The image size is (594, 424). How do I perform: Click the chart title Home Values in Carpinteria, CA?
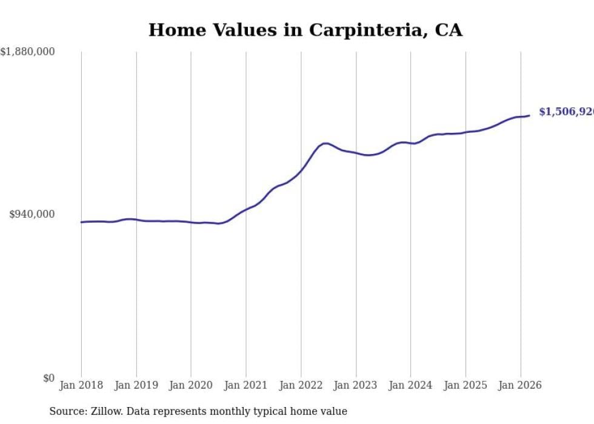[305, 30]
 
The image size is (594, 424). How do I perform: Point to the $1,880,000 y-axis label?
[28, 52]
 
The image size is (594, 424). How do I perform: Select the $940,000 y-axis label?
[32, 214]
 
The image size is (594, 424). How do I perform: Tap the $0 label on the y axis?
[48, 378]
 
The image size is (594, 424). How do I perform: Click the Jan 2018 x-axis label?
[81, 385]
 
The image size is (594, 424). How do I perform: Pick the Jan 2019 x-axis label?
[136, 385]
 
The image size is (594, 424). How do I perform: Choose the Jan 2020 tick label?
[191, 385]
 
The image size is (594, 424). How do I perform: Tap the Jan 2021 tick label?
[246, 385]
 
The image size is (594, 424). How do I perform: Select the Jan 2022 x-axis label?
[301, 385]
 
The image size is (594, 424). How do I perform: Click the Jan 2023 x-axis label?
[356, 385]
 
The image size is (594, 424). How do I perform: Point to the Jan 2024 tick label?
[410, 385]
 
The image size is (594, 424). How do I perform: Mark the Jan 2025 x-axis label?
[466, 385]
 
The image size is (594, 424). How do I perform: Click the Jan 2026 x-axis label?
[520, 385]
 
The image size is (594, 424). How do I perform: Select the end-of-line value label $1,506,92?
[566, 112]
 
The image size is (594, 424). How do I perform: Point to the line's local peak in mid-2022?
[325, 143]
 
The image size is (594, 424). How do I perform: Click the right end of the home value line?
[529, 115]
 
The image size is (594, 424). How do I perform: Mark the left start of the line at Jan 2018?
[81, 222]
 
